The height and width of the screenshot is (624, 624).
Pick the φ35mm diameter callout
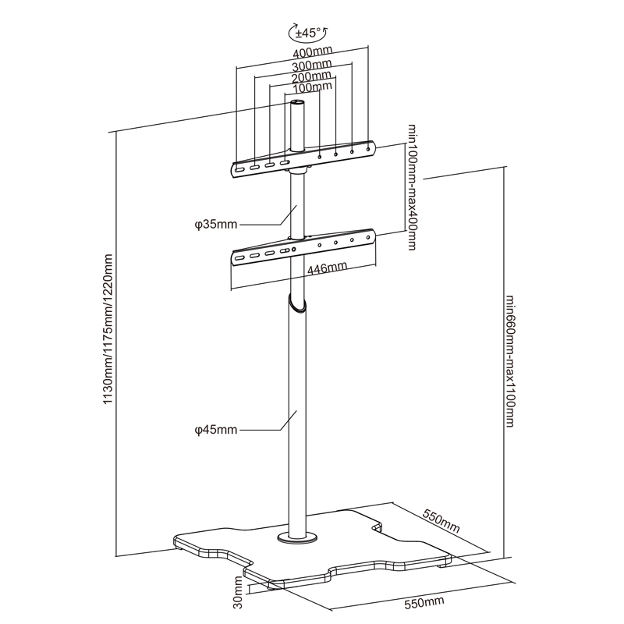click(x=216, y=225)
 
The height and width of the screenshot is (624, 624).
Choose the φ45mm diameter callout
click(x=216, y=430)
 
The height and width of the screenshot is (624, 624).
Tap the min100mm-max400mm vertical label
click(x=410, y=186)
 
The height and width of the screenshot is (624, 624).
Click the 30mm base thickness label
click(x=237, y=592)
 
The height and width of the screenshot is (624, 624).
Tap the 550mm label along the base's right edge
click(x=441, y=521)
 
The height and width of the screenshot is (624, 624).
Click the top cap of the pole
click(x=297, y=101)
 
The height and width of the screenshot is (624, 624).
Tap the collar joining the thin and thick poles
click(x=296, y=303)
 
